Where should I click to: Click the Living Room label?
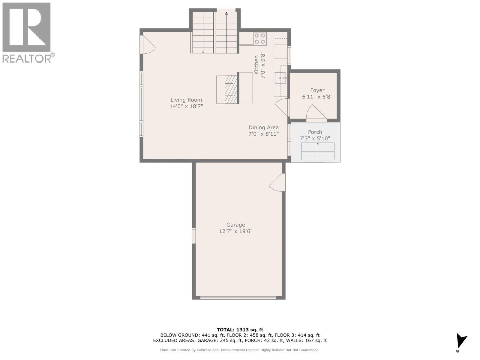186,100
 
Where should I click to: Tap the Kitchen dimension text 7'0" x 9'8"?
263,65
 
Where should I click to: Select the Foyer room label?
317,90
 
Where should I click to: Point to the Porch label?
315,132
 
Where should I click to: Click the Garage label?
235,225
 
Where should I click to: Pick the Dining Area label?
263,127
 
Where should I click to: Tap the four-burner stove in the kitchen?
260,38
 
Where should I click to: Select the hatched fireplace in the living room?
230,89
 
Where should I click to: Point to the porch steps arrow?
318,151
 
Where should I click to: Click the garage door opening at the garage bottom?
238,298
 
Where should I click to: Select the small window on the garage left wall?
194,235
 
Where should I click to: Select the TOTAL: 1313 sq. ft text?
240,330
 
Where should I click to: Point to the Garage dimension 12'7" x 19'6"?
235,231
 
